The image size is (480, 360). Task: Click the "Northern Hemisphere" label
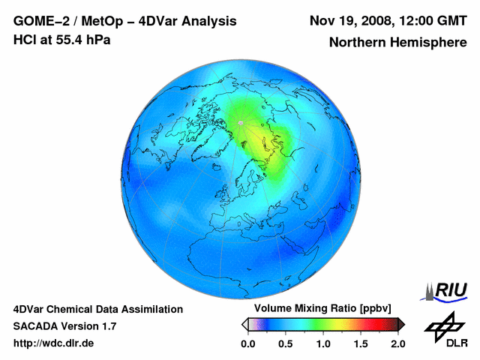click(397, 43)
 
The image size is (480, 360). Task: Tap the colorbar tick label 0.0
click(248, 343)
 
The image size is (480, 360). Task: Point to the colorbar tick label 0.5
click(286, 343)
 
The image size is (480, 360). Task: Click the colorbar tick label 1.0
click(323, 343)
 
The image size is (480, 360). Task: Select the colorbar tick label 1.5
click(361, 343)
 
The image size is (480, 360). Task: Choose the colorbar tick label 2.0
click(397, 343)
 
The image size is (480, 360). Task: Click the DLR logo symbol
click(445, 325)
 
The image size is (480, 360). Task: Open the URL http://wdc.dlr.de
click(54, 343)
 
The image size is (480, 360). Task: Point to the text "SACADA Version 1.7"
click(64, 326)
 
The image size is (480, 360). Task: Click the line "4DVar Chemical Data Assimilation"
click(98, 309)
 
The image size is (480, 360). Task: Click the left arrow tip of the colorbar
click(244, 325)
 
